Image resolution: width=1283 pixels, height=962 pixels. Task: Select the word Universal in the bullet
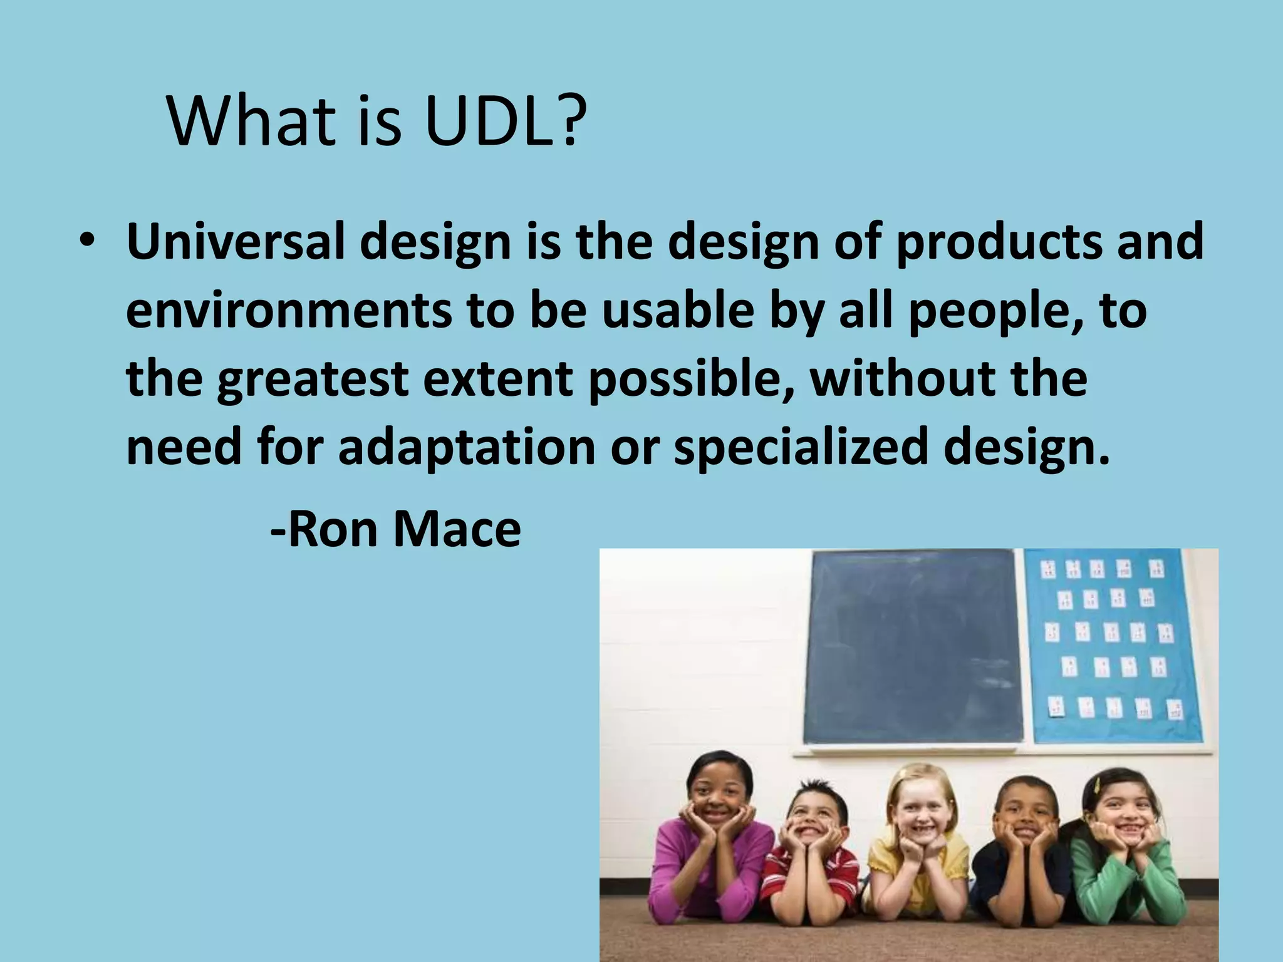click(236, 242)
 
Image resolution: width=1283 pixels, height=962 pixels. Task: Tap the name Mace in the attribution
click(457, 529)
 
